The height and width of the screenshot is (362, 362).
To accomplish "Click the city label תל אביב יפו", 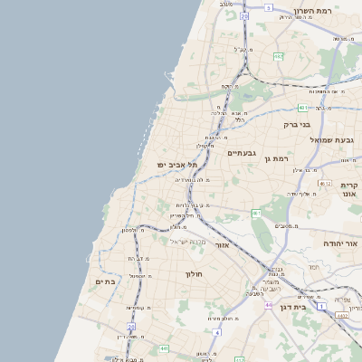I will (177, 165).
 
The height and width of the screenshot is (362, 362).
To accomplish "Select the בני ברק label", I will (297, 125).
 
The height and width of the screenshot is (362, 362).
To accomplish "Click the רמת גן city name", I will (276, 158).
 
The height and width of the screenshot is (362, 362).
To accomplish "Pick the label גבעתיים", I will (243, 153).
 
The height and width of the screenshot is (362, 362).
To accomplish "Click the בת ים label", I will (107, 282).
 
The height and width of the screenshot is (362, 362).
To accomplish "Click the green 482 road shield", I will (278, 56).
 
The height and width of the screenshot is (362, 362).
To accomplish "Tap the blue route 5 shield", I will (269, 7).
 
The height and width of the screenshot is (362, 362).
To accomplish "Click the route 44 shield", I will (268, 305).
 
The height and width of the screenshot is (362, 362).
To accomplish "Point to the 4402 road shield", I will (342, 315).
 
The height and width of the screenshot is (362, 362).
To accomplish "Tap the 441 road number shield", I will (164, 348).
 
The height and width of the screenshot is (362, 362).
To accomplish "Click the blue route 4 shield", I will (217, 331).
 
